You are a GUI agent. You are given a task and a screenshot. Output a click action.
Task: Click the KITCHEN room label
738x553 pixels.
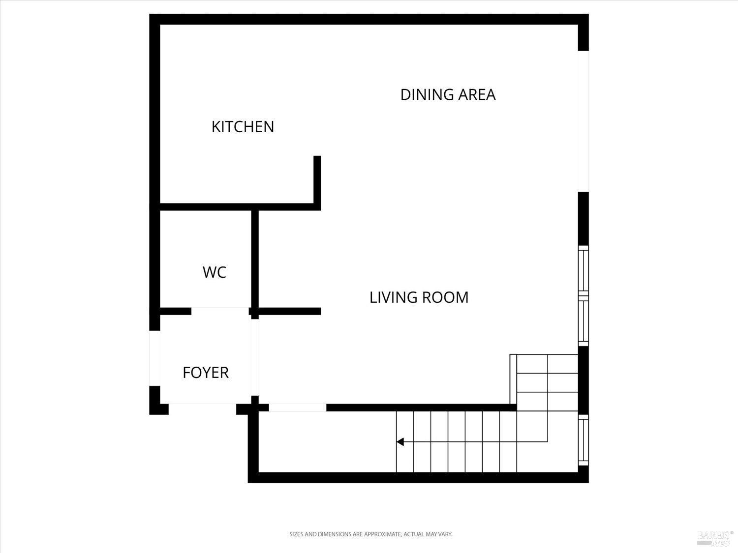click(x=243, y=127)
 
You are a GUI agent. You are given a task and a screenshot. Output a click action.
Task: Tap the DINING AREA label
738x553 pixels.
click(x=448, y=94)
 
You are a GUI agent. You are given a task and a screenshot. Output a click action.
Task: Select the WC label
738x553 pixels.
click(x=215, y=272)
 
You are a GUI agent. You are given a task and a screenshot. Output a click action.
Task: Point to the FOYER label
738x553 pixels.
click(x=206, y=373)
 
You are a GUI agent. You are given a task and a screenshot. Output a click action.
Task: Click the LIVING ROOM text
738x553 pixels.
click(x=419, y=297)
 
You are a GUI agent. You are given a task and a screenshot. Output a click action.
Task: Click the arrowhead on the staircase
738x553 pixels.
click(x=400, y=442)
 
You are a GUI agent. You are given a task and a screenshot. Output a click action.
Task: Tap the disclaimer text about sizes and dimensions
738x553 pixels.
click(x=370, y=534)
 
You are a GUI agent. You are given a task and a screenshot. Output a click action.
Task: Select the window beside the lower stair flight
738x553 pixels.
click(x=583, y=440)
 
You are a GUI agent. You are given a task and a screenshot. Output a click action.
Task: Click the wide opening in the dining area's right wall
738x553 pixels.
click(x=583, y=121)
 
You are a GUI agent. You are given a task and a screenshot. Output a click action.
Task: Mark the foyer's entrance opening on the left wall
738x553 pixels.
click(x=154, y=358)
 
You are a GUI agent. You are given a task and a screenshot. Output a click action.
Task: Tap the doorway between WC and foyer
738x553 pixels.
click(x=220, y=311)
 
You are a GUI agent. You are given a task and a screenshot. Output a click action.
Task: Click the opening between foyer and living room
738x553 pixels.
click(x=255, y=357)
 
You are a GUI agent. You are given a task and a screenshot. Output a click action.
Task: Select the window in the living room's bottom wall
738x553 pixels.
click(x=297, y=407)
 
